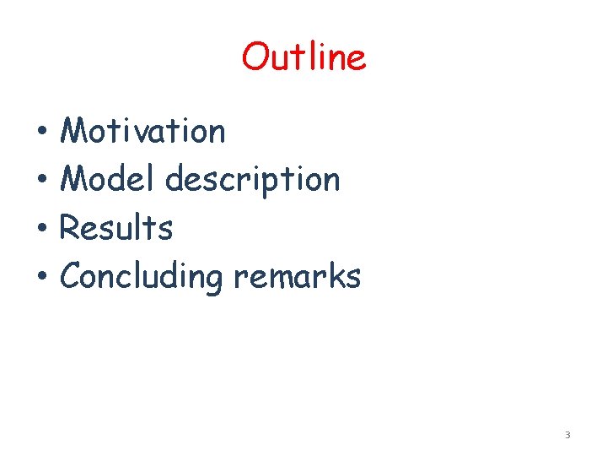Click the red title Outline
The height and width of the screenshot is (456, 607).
tap(303, 57)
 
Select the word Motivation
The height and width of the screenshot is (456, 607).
tap(143, 131)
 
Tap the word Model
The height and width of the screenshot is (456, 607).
tap(110, 179)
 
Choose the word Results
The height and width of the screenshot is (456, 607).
tap(117, 228)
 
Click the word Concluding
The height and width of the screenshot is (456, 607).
tap(142, 277)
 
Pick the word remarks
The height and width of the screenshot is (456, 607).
tap(297, 276)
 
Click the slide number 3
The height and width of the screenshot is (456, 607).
tap(567, 435)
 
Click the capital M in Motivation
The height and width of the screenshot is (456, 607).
tap(77, 131)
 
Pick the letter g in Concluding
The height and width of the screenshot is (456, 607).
tap(215, 280)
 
